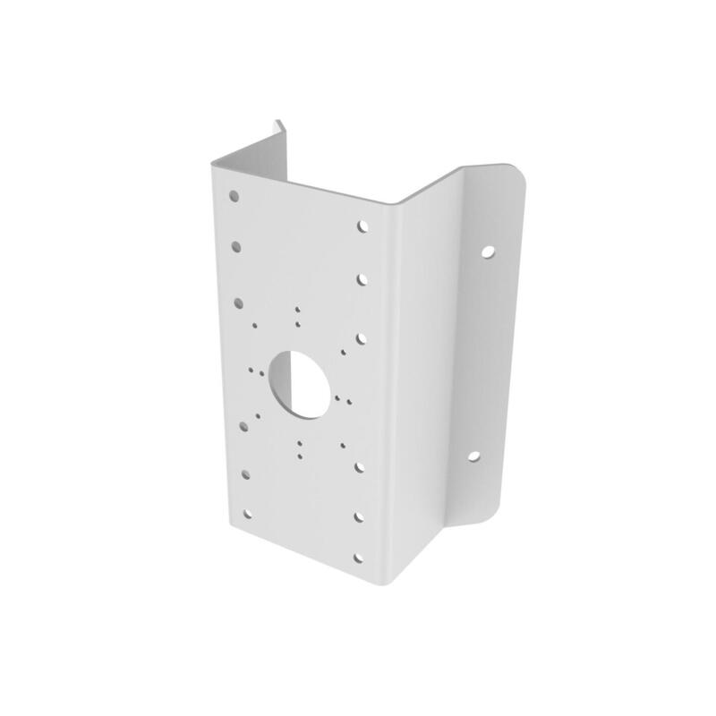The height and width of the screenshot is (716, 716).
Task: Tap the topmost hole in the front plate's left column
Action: click(234, 193)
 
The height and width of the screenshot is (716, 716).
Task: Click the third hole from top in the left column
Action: click(240, 302)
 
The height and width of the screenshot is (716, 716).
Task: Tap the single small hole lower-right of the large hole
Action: click(343, 440)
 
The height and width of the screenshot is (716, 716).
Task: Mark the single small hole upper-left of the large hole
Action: click(255, 326)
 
